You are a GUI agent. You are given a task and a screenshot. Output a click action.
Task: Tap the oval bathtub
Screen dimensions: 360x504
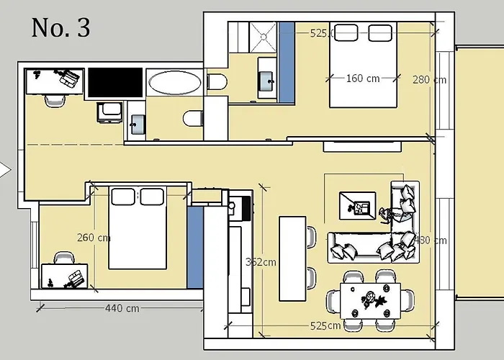pos(175,82)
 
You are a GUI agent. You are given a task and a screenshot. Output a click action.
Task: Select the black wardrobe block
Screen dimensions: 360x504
pos(115,82)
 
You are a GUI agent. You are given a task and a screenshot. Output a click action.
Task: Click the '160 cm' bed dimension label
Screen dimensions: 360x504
pos(362,78)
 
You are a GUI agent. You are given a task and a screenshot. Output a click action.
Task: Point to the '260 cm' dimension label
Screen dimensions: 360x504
pos(94,238)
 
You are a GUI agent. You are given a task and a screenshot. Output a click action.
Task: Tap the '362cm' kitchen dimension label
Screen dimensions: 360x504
pos(260,262)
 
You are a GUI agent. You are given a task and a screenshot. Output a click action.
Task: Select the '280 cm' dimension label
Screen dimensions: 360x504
pos(428,79)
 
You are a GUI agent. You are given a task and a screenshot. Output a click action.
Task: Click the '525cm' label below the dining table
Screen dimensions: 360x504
pos(325,325)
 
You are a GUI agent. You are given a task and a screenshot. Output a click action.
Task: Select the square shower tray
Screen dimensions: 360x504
pos(263,33)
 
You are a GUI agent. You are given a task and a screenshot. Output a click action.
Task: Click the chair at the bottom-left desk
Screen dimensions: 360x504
pos(63,258)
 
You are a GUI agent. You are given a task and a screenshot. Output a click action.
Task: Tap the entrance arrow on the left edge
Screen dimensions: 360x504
pos(5,171)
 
